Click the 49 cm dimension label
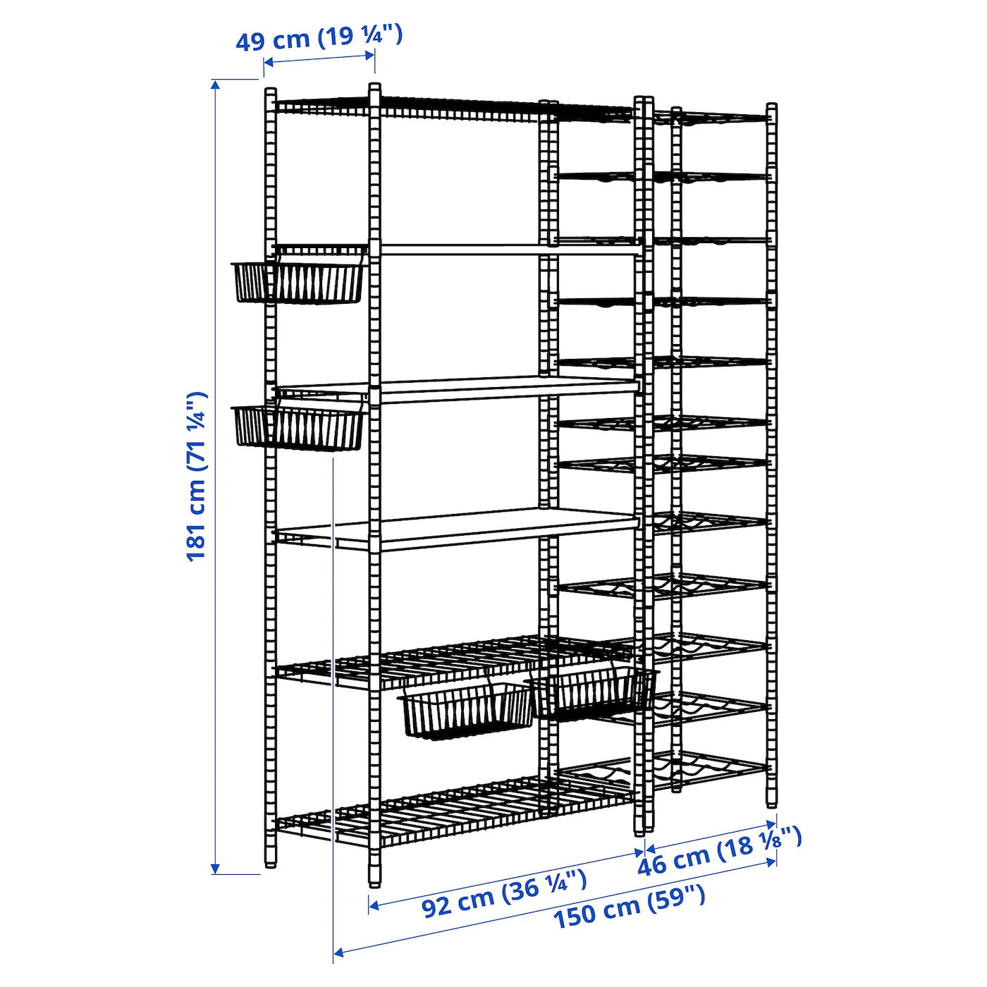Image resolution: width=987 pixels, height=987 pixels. [x=319, y=37]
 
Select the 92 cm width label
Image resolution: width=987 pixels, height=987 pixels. [x=503, y=893]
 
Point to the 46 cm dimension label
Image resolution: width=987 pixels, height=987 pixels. [x=719, y=851]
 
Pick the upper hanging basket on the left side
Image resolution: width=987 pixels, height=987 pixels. [x=299, y=282]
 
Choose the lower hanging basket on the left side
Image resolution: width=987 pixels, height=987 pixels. [x=298, y=427]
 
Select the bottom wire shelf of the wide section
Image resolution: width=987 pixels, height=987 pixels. [x=458, y=811]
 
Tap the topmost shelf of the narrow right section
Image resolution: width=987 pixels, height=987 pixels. [x=712, y=117]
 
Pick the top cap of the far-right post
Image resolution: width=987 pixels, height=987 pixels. [x=772, y=108]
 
